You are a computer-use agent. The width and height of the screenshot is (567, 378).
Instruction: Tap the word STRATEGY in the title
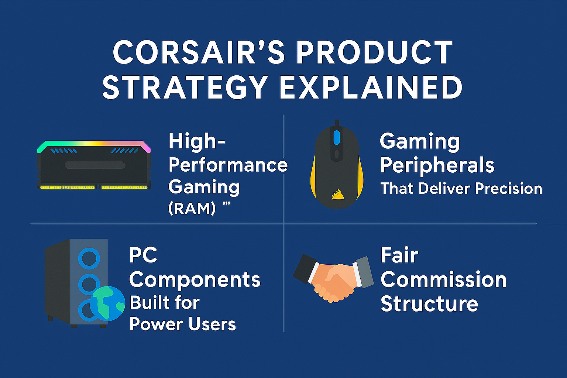[185, 88]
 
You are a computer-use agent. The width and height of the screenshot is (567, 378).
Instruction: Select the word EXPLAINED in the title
[371, 88]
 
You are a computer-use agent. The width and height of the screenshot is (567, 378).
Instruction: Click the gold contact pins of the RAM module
[94, 188]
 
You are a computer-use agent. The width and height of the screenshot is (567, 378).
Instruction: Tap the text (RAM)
[192, 209]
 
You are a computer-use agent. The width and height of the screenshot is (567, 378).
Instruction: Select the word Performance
[228, 165]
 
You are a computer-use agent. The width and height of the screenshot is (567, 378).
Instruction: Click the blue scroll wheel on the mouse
[336, 137]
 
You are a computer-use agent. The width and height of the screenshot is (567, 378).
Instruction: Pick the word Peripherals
[437, 165]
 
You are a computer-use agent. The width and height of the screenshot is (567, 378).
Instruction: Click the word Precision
[508, 189]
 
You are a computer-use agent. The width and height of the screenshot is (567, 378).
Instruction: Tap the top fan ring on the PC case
[89, 258]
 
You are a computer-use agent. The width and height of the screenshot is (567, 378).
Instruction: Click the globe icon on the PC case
[107, 303]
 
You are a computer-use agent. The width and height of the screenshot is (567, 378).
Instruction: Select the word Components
[195, 280]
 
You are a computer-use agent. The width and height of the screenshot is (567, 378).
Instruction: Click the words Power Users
[183, 324]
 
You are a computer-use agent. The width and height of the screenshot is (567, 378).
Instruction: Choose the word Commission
[443, 280]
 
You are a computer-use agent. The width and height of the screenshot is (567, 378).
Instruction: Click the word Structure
[429, 304]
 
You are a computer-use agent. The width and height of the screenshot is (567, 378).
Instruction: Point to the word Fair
[399, 255]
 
